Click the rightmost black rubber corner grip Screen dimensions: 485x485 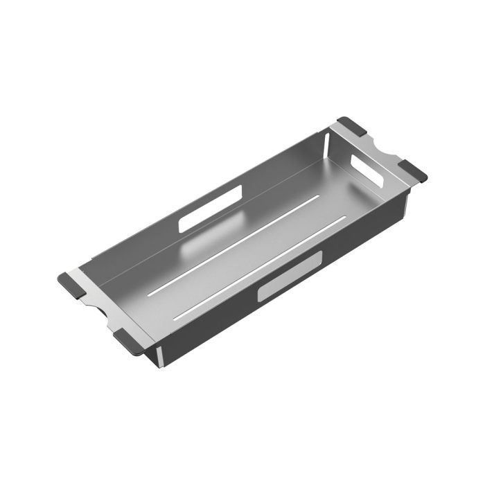coord(413,170)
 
